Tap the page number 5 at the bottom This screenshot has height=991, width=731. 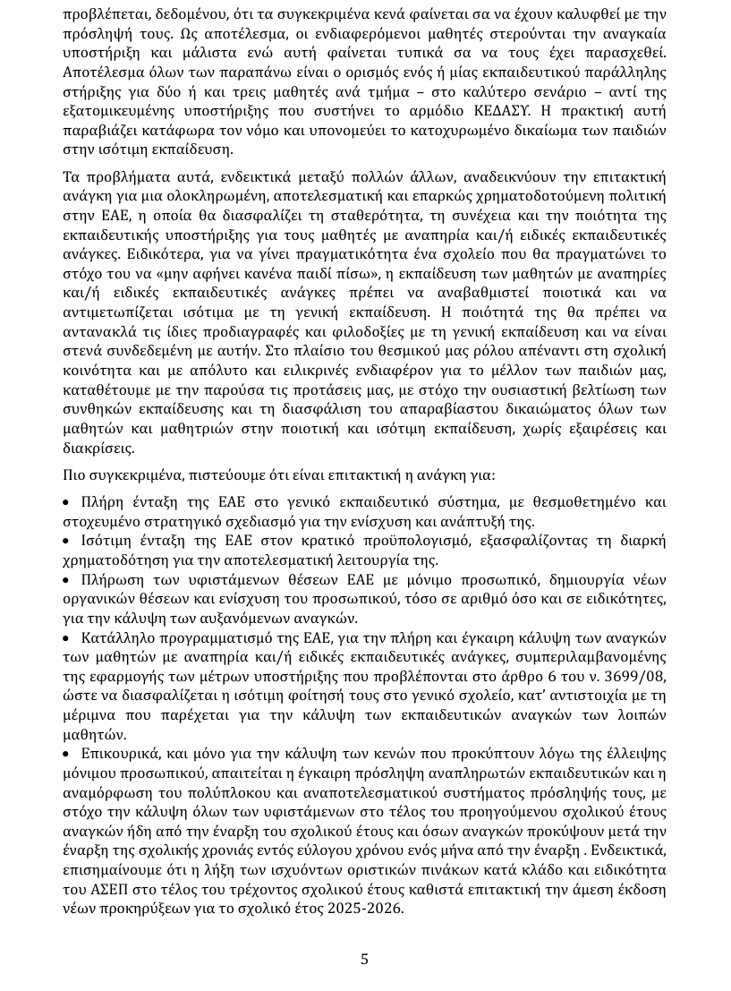(364, 959)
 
